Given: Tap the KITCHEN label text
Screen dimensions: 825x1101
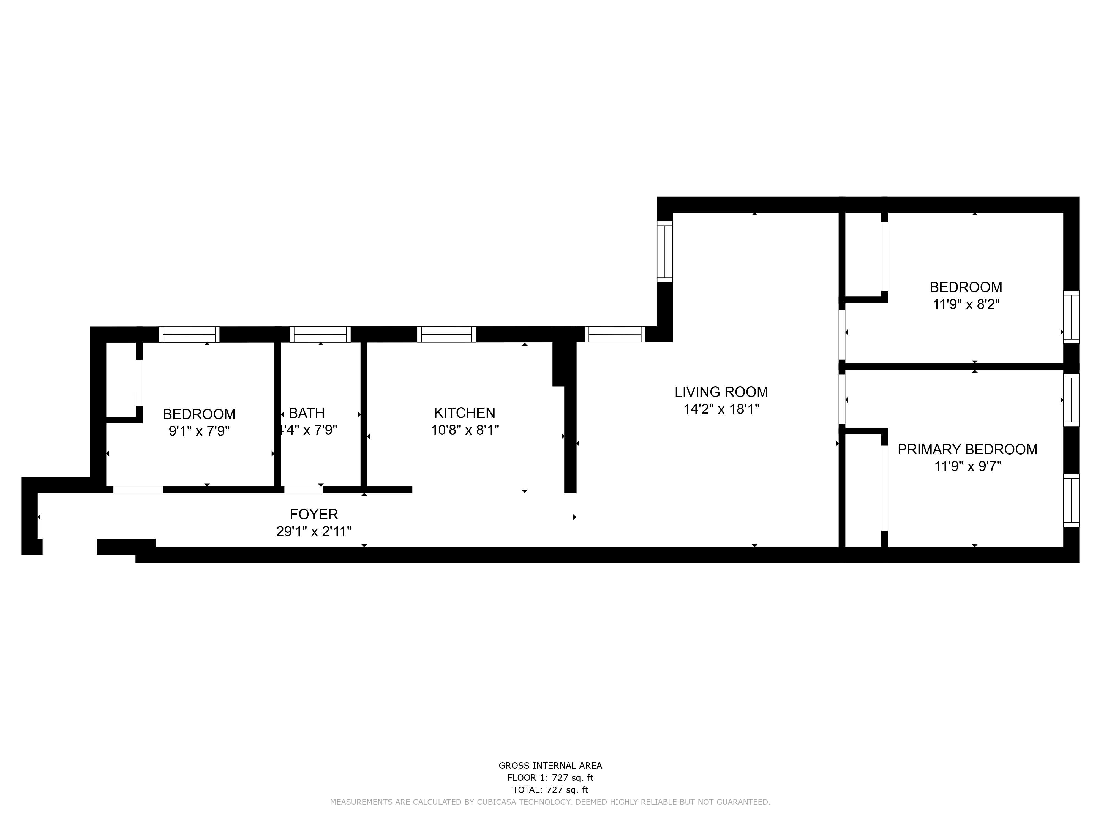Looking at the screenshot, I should point(464,413).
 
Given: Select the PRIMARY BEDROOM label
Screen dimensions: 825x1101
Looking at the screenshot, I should point(967,450).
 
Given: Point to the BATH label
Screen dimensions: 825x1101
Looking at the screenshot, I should point(307,413).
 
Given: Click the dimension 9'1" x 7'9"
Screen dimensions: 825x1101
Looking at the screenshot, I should point(199,431).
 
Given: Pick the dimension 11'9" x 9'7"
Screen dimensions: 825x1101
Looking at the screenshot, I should point(968,466).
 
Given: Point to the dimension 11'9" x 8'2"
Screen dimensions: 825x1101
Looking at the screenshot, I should point(966,304).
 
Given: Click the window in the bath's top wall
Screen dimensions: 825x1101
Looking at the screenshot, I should point(320,335).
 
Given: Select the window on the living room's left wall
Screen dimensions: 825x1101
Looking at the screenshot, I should point(664,252).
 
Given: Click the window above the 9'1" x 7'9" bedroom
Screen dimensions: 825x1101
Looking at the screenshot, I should point(189,335).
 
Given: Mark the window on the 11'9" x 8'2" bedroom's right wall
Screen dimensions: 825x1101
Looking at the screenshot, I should point(1071,317).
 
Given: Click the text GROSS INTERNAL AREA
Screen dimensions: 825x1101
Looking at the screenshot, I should point(550,766).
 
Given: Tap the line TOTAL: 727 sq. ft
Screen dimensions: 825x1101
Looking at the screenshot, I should point(550,790).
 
